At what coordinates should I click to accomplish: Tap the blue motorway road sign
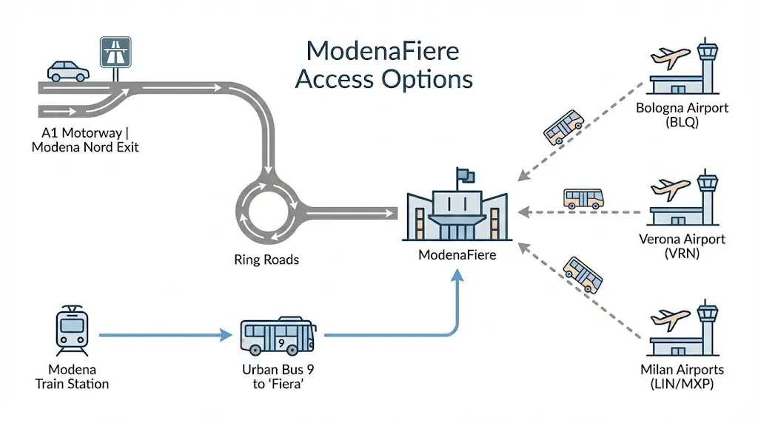(115, 54)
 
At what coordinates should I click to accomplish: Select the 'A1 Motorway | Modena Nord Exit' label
(85, 139)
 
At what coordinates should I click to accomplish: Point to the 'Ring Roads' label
(266, 260)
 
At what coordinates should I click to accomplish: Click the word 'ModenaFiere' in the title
(382, 51)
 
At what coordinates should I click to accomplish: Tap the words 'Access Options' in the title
(383, 78)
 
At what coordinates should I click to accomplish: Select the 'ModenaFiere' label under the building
(457, 256)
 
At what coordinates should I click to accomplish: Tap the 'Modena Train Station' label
(72, 376)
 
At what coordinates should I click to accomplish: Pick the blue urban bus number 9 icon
(278, 336)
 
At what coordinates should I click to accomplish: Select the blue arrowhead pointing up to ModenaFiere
(457, 275)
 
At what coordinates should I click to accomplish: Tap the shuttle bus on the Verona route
(583, 197)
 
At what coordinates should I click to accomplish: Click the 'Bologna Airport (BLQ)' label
(682, 115)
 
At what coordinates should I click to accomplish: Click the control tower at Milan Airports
(707, 325)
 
